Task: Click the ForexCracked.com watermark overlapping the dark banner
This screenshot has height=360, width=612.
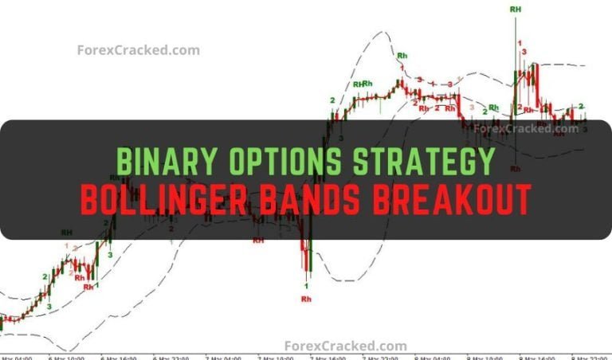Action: (525, 128)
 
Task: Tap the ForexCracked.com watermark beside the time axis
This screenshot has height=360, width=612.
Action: (346, 346)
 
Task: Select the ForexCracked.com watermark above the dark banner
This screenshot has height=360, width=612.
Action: (138, 50)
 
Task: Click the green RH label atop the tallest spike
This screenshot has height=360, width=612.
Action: (516, 9)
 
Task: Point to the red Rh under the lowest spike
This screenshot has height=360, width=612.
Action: (306, 299)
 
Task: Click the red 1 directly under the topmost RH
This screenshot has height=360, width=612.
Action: (520, 42)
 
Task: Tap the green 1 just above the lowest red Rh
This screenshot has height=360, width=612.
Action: (308, 284)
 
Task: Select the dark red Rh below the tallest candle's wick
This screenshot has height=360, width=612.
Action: (516, 169)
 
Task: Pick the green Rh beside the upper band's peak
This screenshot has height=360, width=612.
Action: (402, 56)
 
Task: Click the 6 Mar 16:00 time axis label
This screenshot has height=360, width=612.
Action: (118, 358)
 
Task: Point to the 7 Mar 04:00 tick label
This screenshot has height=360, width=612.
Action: (223, 358)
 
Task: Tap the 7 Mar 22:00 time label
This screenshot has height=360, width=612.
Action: (380, 358)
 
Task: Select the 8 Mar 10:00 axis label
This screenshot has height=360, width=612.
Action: (484, 358)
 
